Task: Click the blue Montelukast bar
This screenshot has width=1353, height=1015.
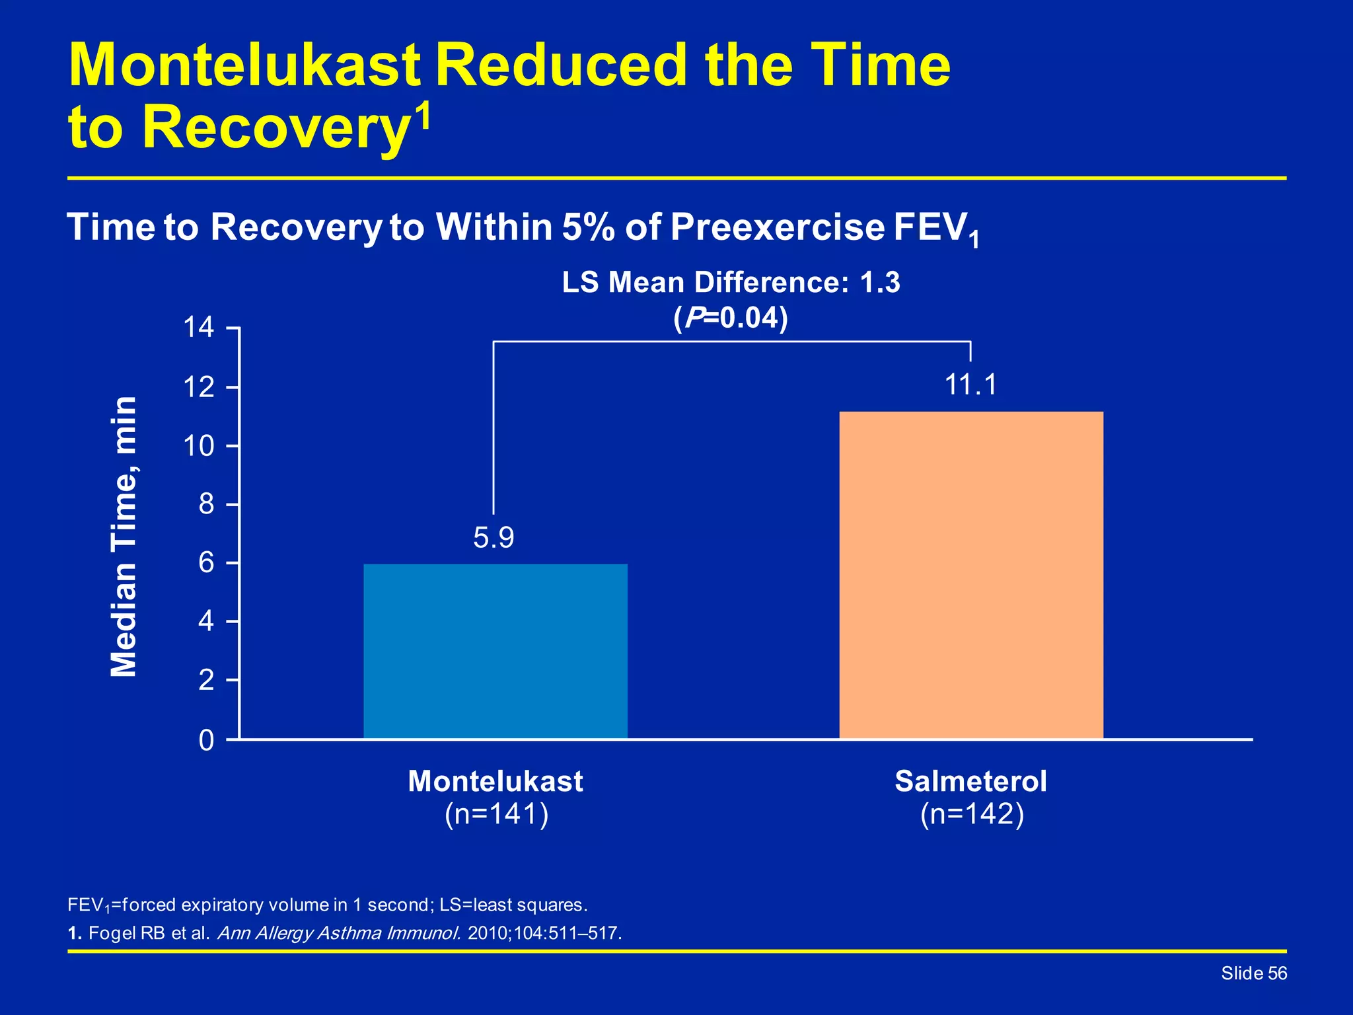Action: (495, 651)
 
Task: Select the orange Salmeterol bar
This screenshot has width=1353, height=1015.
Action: (970, 575)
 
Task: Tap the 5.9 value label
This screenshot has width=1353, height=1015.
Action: (494, 538)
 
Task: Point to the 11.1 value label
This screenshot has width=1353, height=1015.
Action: (970, 385)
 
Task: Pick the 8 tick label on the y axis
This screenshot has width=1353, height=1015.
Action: (206, 505)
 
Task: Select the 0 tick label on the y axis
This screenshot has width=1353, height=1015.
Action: (206, 741)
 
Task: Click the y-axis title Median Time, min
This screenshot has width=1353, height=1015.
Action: (124, 537)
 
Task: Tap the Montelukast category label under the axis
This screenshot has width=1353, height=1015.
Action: (495, 781)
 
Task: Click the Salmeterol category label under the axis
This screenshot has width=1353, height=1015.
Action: (970, 781)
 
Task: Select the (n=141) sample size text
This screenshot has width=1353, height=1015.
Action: (496, 814)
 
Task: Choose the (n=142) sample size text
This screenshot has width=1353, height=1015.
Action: (972, 814)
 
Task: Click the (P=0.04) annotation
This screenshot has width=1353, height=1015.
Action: (731, 319)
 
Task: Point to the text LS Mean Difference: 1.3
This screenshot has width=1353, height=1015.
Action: (731, 283)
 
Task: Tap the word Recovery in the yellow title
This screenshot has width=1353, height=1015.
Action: (275, 128)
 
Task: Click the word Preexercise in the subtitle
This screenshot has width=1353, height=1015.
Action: (777, 227)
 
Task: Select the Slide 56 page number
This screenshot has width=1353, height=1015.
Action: (1253, 973)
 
